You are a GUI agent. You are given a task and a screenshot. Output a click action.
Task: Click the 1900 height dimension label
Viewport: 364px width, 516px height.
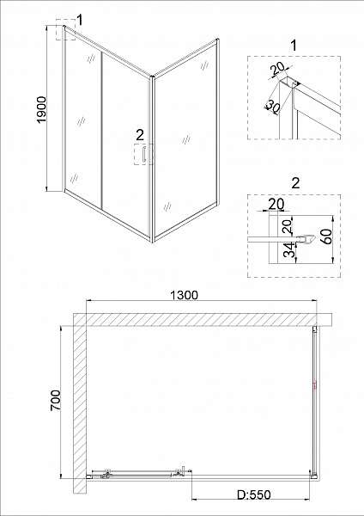tap(42, 109)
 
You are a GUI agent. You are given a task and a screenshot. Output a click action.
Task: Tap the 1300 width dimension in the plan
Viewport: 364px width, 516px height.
tap(185, 295)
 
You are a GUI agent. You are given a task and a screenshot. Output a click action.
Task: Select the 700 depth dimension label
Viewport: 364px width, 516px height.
tap(56, 400)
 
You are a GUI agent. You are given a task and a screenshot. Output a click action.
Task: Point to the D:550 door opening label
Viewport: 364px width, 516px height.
tap(254, 495)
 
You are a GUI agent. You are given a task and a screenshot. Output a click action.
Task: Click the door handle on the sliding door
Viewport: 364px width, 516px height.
tap(143, 154)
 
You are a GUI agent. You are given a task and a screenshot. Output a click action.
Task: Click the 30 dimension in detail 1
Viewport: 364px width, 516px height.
tap(272, 105)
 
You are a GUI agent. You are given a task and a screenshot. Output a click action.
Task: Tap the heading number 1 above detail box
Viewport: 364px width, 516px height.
tap(294, 46)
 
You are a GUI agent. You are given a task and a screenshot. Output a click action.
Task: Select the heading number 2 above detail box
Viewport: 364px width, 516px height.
tap(295, 183)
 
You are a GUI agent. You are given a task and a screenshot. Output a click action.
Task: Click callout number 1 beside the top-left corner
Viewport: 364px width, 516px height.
tap(79, 20)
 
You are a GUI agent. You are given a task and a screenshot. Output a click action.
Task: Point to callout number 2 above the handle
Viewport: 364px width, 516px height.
tap(140, 135)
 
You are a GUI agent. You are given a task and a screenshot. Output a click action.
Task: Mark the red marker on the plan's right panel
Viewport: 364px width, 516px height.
tap(315, 384)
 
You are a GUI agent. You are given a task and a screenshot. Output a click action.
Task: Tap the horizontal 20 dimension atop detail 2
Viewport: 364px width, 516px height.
tap(276, 205)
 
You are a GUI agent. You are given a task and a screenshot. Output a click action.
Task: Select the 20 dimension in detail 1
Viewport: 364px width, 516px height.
tap(277, 69)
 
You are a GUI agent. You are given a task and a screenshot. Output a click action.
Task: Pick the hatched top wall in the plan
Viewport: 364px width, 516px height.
tap(203, 319)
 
